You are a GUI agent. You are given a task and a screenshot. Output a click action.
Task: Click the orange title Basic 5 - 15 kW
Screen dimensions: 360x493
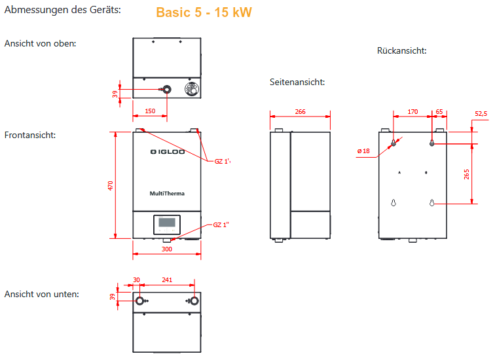(204, 12)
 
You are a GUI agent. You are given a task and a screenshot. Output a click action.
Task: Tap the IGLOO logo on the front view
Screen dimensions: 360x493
(167, 153)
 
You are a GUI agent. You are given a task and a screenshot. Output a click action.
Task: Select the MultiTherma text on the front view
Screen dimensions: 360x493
(167, 193)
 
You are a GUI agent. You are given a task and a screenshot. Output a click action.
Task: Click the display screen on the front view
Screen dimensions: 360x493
(167, 223)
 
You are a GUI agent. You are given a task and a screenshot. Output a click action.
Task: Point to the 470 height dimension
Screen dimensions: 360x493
(111, 185)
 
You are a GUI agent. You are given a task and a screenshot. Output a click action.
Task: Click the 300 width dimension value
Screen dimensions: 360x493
(167, 249)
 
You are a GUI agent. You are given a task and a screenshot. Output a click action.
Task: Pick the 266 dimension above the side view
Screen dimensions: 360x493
(300, 112)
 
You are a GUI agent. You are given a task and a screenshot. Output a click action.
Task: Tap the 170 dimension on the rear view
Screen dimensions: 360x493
(412, 112)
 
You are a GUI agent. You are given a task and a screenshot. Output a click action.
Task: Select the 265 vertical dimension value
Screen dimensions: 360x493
(466, 174)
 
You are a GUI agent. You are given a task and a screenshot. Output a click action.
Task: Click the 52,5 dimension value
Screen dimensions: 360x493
(481, 114)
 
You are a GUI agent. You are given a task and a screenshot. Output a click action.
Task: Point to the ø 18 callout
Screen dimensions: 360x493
(363, 151)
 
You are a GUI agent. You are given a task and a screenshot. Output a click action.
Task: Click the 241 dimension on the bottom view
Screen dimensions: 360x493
(167, 280)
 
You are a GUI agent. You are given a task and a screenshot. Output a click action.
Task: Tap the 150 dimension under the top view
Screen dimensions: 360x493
(150, 111)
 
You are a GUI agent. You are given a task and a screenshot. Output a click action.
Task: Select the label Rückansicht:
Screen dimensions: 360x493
(401, 50)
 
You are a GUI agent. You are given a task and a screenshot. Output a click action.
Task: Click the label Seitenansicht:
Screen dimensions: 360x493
(297, 82)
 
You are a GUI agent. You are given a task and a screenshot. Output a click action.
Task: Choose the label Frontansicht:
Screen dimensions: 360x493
(29, 135)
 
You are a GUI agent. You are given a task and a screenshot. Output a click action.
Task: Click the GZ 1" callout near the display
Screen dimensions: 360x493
(221, 225)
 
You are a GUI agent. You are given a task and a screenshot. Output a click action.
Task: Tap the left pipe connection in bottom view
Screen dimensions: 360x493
(140, 301)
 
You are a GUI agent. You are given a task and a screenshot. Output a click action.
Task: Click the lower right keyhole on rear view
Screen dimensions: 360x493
(432, 204)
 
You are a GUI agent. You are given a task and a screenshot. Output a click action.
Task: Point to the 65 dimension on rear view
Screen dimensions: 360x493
(439, 112)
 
